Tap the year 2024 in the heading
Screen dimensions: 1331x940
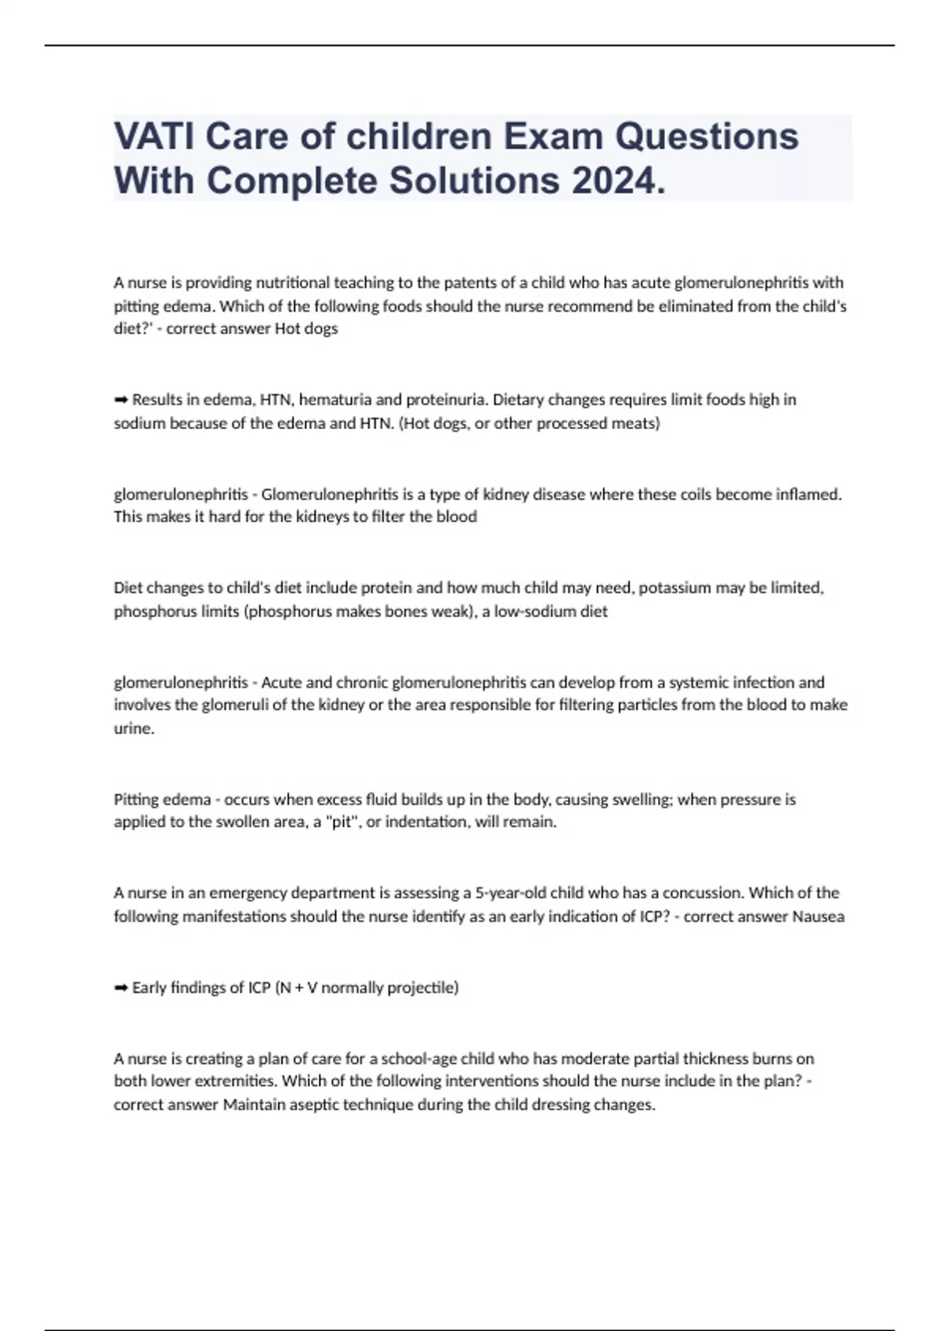click(x=618, y=181)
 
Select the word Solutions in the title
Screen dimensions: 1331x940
click(x=474, y=181)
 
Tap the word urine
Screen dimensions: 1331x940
click(x=133, y=728)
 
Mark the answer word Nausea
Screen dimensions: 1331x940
click(x=818, y=917)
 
